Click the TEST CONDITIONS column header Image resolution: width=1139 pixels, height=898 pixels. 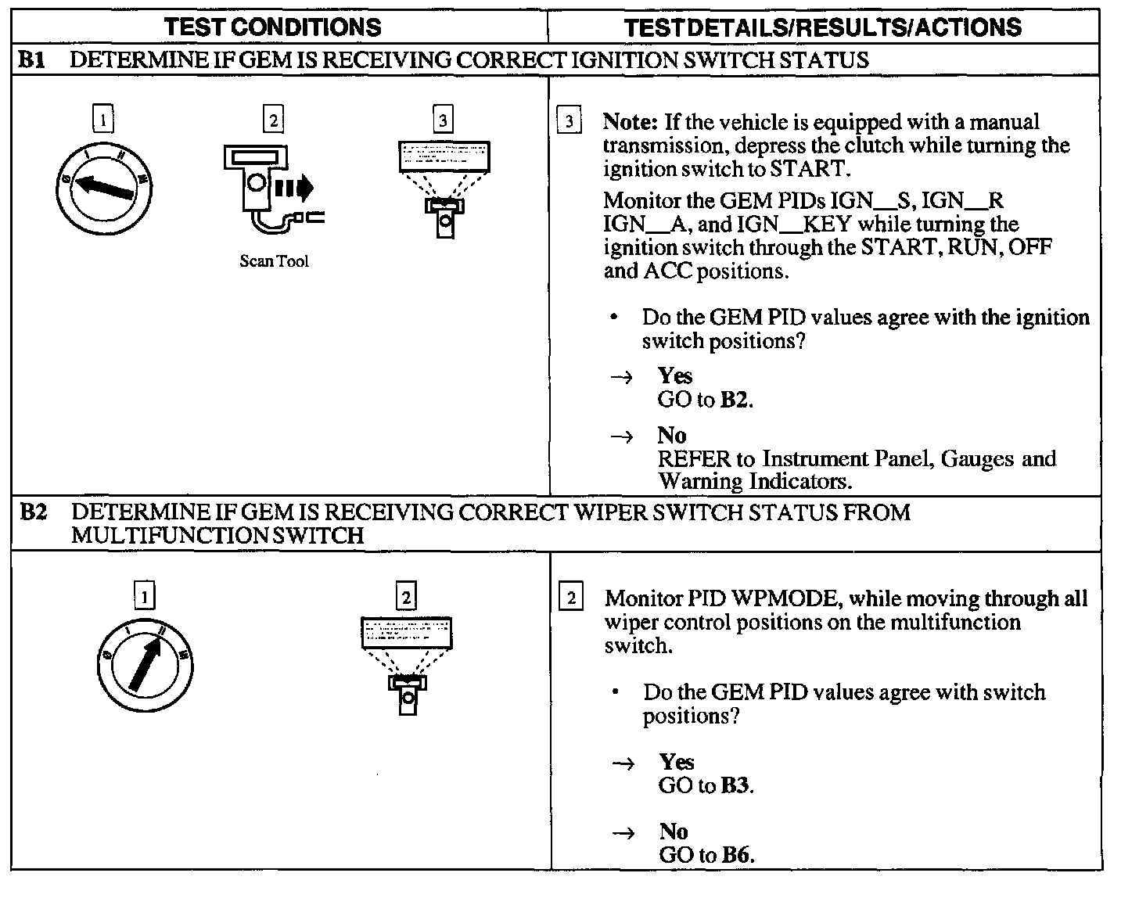point(273,27)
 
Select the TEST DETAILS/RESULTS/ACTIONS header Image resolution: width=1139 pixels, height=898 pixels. point(823,27)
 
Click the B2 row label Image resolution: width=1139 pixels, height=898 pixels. point(33,512)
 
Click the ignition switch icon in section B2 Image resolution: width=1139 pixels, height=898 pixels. point(146,665)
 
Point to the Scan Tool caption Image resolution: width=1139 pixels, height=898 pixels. point(274,262)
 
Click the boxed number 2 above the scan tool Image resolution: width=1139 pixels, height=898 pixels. point(273,120)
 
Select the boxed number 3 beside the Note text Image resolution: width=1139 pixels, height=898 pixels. point(569,122)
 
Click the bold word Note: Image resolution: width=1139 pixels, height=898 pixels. point(631,123)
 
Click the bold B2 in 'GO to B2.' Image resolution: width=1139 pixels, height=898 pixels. point(735,400)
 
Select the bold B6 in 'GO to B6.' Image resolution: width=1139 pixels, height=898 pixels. point(737,855)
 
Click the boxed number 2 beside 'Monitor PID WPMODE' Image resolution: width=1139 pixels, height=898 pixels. point(571,599)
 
